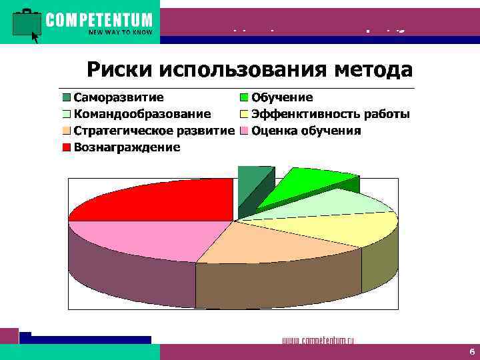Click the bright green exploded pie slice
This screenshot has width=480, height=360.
pyautogui.click(x=303, y=183)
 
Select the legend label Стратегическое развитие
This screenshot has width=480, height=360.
pyautogui.click(x=153, y=130)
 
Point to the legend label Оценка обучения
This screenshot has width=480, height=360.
pyautogui.click(x=306, y=130)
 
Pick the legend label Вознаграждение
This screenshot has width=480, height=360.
pyautogui.click(x=127, y=147)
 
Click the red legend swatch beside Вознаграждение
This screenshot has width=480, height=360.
pyautogui.click(x=67, y=147)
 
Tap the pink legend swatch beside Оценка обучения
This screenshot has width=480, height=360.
pyautogui.click(x=243, y=131)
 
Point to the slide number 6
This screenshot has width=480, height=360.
pyautogui.click(x=471, y=351)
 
